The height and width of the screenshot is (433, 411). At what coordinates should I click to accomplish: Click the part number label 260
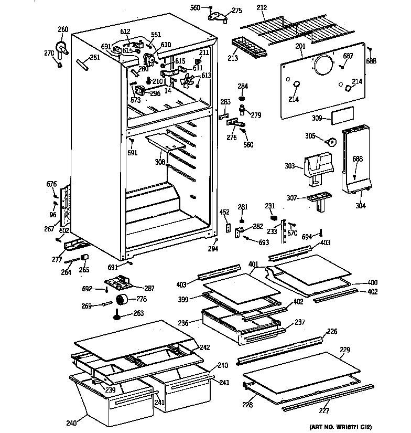click(63, 29)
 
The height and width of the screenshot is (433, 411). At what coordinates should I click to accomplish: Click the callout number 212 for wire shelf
click(262, 8)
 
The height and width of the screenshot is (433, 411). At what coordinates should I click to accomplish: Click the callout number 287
click(149, 288)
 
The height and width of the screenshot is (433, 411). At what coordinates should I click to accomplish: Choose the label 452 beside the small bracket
click(224, 213)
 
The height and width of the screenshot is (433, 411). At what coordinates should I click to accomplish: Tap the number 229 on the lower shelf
click(345, 349)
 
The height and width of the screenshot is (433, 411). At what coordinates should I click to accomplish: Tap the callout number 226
click(332, 331)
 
